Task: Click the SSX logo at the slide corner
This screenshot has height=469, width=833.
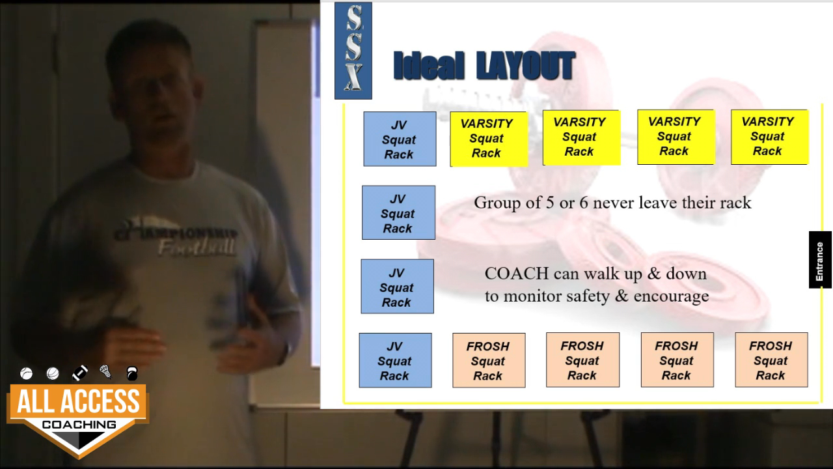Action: coord(353,51)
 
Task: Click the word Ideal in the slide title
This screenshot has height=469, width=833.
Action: coord(429,66)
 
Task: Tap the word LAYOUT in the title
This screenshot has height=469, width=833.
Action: coord(526,66)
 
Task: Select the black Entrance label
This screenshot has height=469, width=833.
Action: coord(819,260)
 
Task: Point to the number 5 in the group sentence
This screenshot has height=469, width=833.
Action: coord(550,203)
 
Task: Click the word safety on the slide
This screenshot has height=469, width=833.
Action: coord(588,296)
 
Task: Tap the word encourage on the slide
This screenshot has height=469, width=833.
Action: coord(671,297)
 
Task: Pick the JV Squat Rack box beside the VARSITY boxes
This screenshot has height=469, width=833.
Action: coord(400,139)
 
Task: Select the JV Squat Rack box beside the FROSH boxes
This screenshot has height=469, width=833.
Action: coord(395,360)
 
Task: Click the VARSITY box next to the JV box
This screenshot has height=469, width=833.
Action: coord(489,139)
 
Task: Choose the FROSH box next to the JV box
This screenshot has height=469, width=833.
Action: coord(489,360)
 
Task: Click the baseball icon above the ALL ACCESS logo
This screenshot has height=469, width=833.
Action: coord(27,373)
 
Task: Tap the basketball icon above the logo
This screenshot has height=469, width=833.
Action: coord(53,373)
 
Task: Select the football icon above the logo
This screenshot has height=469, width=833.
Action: coord(79,373)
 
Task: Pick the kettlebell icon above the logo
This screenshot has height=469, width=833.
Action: coord(132,374)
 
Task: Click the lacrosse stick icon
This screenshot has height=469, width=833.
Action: coord(105,371)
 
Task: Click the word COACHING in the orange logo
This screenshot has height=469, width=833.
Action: coord(79,425)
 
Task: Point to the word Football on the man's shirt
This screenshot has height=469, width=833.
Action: coord(197,247)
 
